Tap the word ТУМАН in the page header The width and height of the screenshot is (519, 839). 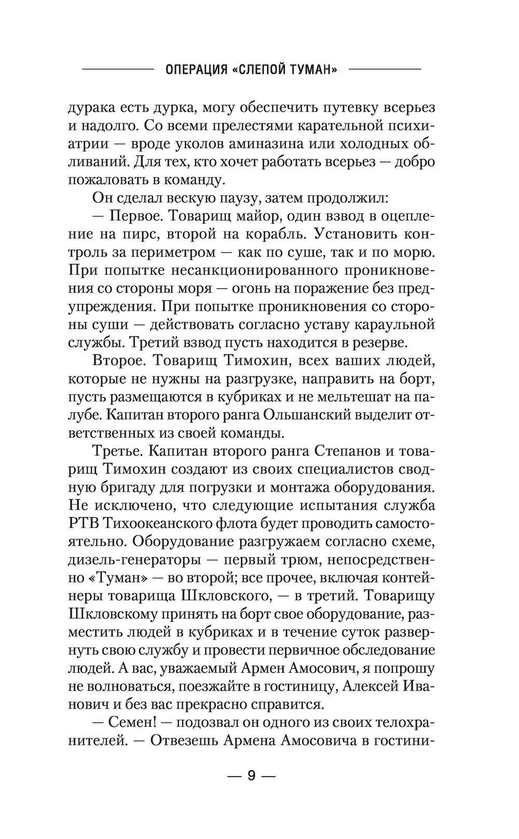[310, 70]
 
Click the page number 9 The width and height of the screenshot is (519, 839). [251, 790]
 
